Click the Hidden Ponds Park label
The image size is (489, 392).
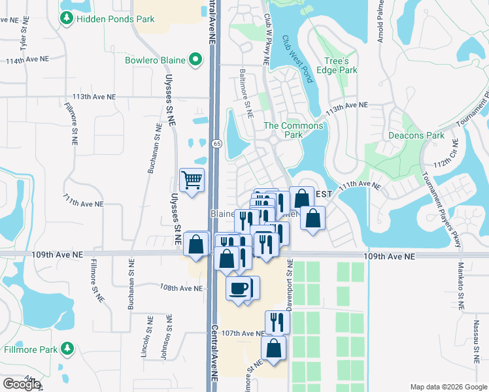click(115, 19)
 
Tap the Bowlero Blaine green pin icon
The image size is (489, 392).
click(195, 61)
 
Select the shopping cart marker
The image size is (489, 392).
click(192, 180)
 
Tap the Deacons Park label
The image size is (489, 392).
click(416, 136)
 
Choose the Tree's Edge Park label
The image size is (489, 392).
click(337, 65)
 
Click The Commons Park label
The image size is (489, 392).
click(293, 130)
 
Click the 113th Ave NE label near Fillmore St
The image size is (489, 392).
click(94, 96)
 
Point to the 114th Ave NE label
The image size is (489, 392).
click(27, 59)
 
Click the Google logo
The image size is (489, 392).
click(22, 384)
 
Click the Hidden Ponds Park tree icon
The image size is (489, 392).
click(66, 19)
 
